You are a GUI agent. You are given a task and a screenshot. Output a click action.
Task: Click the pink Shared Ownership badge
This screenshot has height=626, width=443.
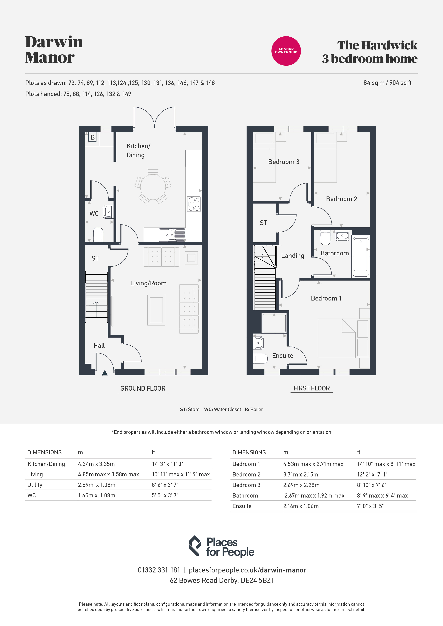286,51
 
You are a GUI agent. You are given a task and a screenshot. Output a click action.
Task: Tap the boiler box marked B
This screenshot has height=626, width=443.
93,137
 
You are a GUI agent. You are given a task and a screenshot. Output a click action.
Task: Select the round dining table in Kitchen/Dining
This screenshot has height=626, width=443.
153,187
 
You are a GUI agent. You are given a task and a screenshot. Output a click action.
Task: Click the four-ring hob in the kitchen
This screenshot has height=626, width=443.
194,204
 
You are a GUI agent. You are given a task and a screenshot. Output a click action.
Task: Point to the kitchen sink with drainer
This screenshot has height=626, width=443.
172,235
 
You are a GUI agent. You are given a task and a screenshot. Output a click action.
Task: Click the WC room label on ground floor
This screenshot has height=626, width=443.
94,213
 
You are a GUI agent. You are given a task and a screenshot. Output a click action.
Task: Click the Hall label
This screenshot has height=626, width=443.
99,345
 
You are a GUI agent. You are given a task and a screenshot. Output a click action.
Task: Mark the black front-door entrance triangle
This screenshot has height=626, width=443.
104,373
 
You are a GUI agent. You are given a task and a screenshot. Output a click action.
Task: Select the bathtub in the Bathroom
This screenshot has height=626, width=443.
361,257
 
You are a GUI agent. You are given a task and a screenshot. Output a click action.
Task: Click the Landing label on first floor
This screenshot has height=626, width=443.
293,256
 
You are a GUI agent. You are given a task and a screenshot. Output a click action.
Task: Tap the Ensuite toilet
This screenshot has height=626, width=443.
261,359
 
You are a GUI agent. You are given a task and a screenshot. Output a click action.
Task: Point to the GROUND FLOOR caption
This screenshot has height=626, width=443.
143,388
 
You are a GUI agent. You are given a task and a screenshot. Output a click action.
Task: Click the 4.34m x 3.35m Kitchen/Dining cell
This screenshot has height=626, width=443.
96,464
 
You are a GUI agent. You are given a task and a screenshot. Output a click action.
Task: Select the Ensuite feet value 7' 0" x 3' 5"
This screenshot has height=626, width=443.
370,506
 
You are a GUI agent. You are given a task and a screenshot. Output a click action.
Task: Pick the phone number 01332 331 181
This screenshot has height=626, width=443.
159,570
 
